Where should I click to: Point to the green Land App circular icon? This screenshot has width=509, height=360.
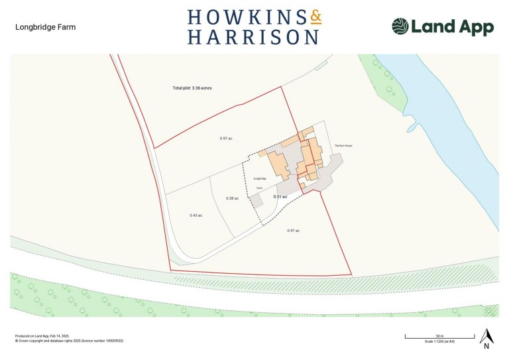click(x=400, y=27)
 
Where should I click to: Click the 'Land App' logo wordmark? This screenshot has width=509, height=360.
click(x=452, y=27)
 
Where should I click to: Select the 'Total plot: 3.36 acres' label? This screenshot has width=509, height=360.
click(x=192, y=88)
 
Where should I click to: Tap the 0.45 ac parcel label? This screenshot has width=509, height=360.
click(x=196, y=215)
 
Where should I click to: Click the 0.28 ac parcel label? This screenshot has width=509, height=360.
click(x=232, y=198)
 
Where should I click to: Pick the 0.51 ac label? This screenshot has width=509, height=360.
click(x=281, y=197)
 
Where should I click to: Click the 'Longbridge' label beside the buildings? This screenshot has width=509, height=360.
click(x=259, y=178)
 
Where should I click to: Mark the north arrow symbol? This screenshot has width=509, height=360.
click(x=486, y=338)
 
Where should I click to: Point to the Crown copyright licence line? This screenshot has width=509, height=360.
click(x=69, y=341)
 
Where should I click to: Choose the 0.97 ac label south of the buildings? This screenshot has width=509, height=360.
click(x=294, y=230)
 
